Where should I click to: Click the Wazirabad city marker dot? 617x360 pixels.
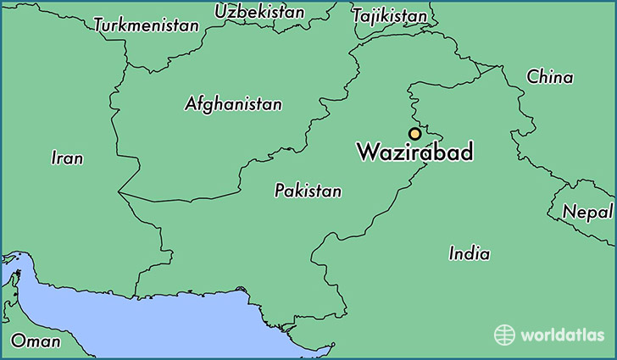(x=414, y=134)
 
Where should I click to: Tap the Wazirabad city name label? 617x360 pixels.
(x=414, y=153)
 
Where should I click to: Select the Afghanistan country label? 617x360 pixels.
(x=233, y=104)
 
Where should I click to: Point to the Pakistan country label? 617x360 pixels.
(x=308, y=191)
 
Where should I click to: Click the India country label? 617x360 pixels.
(x=469, y=253)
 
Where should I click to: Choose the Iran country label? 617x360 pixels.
(x=67, y=158)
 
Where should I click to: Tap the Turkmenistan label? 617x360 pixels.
(x=146, y=25)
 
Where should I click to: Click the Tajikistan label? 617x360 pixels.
(x=389, y=16)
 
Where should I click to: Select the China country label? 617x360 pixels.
(x=549, y=77)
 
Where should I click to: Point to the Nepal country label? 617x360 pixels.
(x=588, y=212)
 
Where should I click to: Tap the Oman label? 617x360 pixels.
(x=36, y=341)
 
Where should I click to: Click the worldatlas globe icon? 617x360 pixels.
(x=505, y=335)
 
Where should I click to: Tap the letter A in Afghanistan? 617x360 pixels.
(x=190, y=105)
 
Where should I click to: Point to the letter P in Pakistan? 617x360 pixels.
(x=279, y=191)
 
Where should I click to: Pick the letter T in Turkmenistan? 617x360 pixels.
(x=98, y=25)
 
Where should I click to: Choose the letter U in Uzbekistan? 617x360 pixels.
(x=220, y=12)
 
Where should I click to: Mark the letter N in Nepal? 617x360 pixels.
(x=570, y=212)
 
